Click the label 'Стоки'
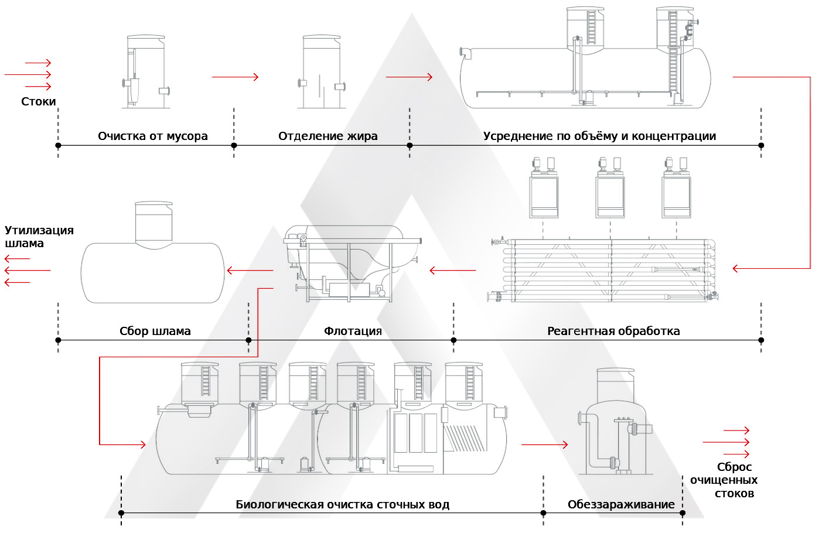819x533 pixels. [x=39, y=102]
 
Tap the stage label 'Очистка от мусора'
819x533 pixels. [x=152, y=136]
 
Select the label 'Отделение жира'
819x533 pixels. [x=327, y=136]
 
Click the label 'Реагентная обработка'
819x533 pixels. [x=613, y=332]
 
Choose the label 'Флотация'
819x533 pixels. [x=353, y=332]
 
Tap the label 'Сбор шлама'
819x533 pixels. [x=155, y=332]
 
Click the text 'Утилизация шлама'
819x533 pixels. [x=39, y=237]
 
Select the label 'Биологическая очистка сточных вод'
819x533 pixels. [x=342, y=505]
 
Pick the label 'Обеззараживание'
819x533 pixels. [x=621, y=505]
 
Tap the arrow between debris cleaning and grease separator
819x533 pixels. [x=235, y=77]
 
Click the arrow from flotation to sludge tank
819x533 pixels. [x=250, y=271]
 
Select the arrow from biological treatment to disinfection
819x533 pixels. [x=544, y=445]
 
